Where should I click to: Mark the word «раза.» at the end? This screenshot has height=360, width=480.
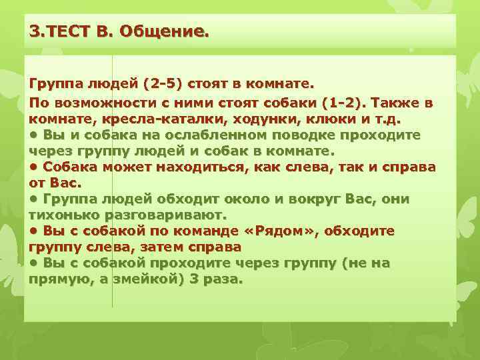[220, 279]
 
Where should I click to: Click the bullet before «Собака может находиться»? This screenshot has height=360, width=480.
[34, 167]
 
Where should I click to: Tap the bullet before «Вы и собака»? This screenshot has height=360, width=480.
[34, 135]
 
